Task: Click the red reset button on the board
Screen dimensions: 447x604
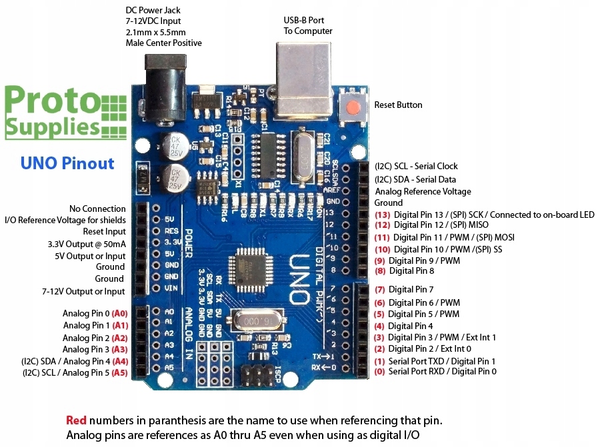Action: [x=353, y=106]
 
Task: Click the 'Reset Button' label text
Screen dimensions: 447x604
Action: [x=398, y=105]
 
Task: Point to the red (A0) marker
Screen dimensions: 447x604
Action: [x=119, y=313]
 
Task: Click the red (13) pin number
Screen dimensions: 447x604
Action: [x=382, y=215]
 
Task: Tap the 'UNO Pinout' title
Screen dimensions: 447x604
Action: [x=67, y=163]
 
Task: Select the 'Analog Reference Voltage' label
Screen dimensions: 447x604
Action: [x=422, y=191]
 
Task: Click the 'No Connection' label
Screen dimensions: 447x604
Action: [x=97, y=209]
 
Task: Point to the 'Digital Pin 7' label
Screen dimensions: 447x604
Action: [x=411, y=289]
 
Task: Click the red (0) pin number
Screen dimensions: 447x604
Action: [x=379, y=371]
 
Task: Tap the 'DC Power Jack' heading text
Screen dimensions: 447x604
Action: [x=153, y=11]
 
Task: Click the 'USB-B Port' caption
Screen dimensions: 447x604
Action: [x=303, y=19]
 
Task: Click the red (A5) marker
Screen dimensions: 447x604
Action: [x=119, y=372]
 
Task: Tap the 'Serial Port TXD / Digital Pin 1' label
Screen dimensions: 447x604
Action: [x=442, y=360]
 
